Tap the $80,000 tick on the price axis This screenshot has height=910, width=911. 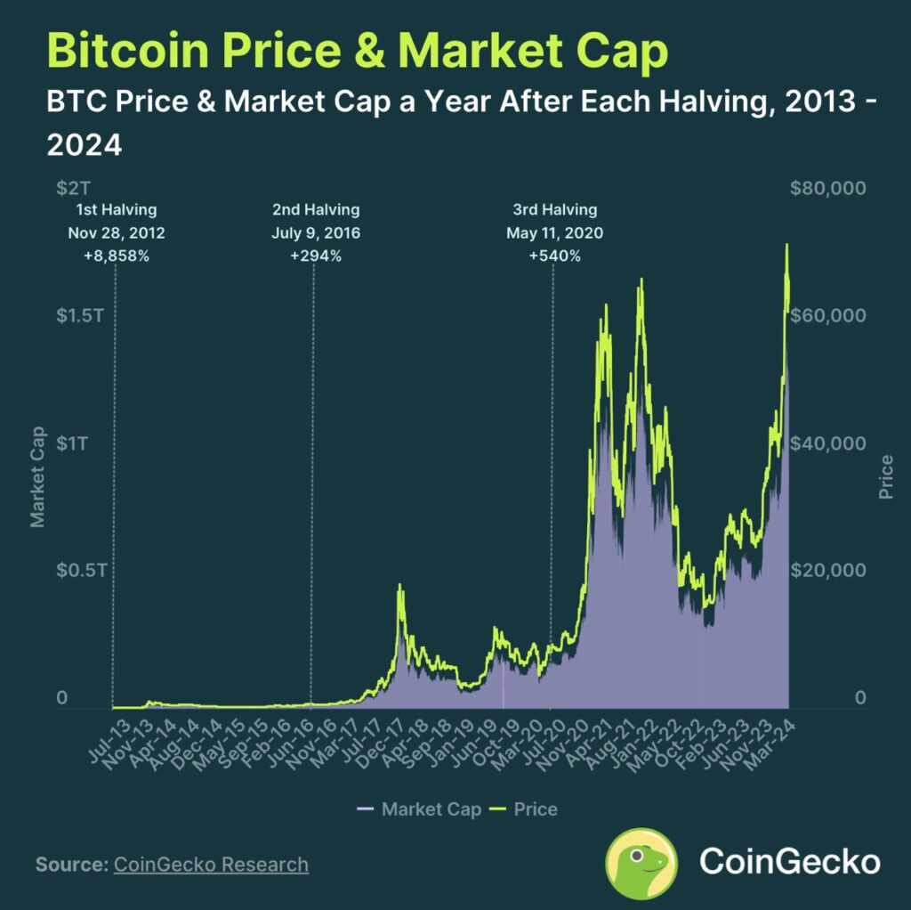tap(827, 189)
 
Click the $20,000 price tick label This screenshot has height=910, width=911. tap(827, 570)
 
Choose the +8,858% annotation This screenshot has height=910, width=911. tap(116, 256)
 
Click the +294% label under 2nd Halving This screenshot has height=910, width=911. tap(316, 256)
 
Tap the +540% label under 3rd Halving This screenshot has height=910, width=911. tap(554, 256)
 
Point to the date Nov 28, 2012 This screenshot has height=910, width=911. tap(116, 233)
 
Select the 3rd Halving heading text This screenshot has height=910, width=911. tap(554, 210)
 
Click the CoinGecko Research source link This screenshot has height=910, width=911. tap(211, 865)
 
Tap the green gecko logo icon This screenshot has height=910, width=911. tap(641, 862)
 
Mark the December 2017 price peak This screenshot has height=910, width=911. tap(400, 586)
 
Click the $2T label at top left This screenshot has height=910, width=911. tap(73, 189)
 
